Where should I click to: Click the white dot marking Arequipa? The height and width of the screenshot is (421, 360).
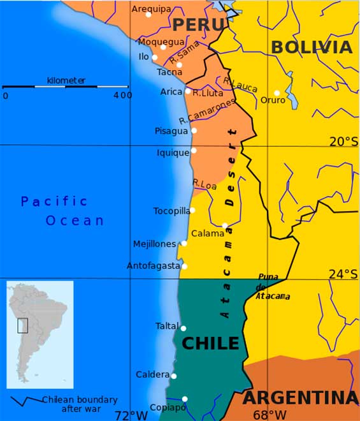point(148,14)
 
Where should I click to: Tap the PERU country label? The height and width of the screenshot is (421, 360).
point(199,25)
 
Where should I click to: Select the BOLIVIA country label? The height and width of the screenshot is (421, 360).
point(312,47)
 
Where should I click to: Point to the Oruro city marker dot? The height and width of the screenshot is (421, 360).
point(277,92)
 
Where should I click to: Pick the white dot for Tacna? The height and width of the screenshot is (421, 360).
point(179,64)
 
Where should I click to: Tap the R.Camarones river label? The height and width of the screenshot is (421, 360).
point(207,110)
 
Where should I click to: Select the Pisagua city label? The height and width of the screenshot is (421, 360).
point(171,131)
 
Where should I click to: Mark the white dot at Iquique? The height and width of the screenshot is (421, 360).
point(194,151)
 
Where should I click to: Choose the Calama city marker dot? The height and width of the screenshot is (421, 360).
point(225,225)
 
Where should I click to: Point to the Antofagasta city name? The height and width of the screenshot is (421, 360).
point(153,265)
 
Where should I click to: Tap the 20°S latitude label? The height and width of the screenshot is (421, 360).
point(343,142)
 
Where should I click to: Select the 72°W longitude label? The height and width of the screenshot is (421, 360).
point(131,415)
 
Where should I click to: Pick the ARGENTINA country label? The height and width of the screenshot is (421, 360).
point(301,398)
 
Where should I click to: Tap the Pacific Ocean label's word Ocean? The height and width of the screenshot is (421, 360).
point(75,221)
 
